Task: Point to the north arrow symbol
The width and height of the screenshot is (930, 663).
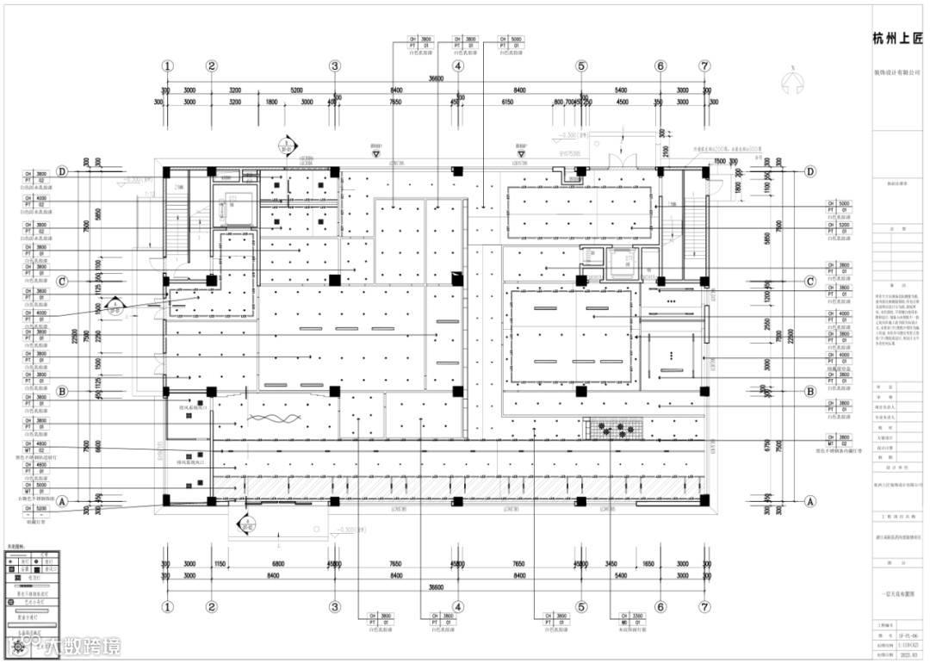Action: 790,83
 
